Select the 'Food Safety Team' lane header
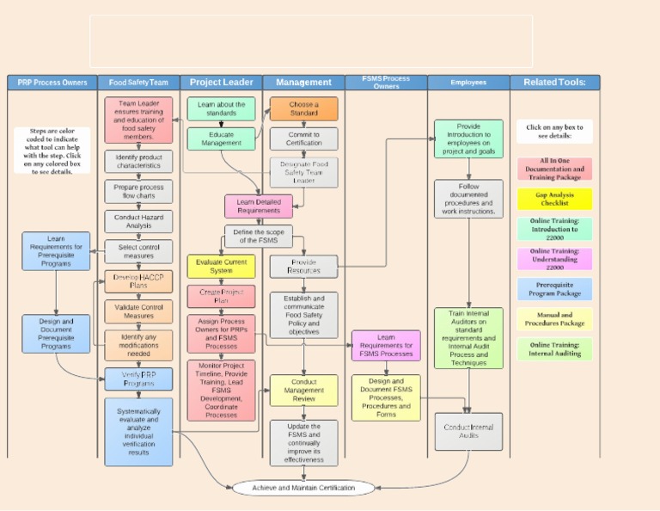[137, 83]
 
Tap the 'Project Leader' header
[221, 83]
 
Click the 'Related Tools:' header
[554, 83]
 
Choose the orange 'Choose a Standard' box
[303, 108]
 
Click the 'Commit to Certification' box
[303, 139]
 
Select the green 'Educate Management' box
[221, 139]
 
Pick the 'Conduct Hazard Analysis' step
[138, 222]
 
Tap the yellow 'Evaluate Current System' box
[221, 266]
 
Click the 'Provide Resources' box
[303, 266]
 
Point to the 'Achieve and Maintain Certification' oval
[303, 488]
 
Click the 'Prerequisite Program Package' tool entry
[554, 289]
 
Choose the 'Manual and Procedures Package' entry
[554, 319]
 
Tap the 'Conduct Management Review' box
[303, 390]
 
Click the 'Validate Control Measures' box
[138, 311]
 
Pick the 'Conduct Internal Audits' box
[468, 430]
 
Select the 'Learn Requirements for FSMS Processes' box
[386, 346]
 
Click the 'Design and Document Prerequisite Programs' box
[56, 334]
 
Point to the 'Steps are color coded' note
[52, 151]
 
